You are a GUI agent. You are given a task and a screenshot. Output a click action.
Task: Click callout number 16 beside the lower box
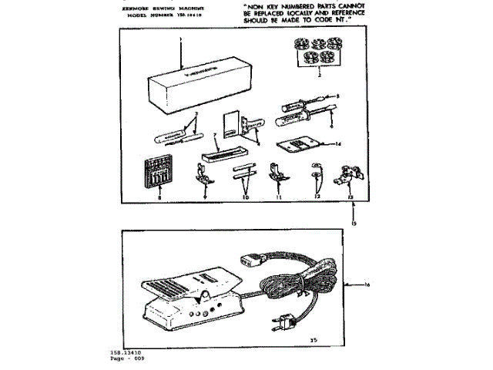(x=367, y=285)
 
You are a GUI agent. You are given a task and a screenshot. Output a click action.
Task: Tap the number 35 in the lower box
(x=314, y=338)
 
